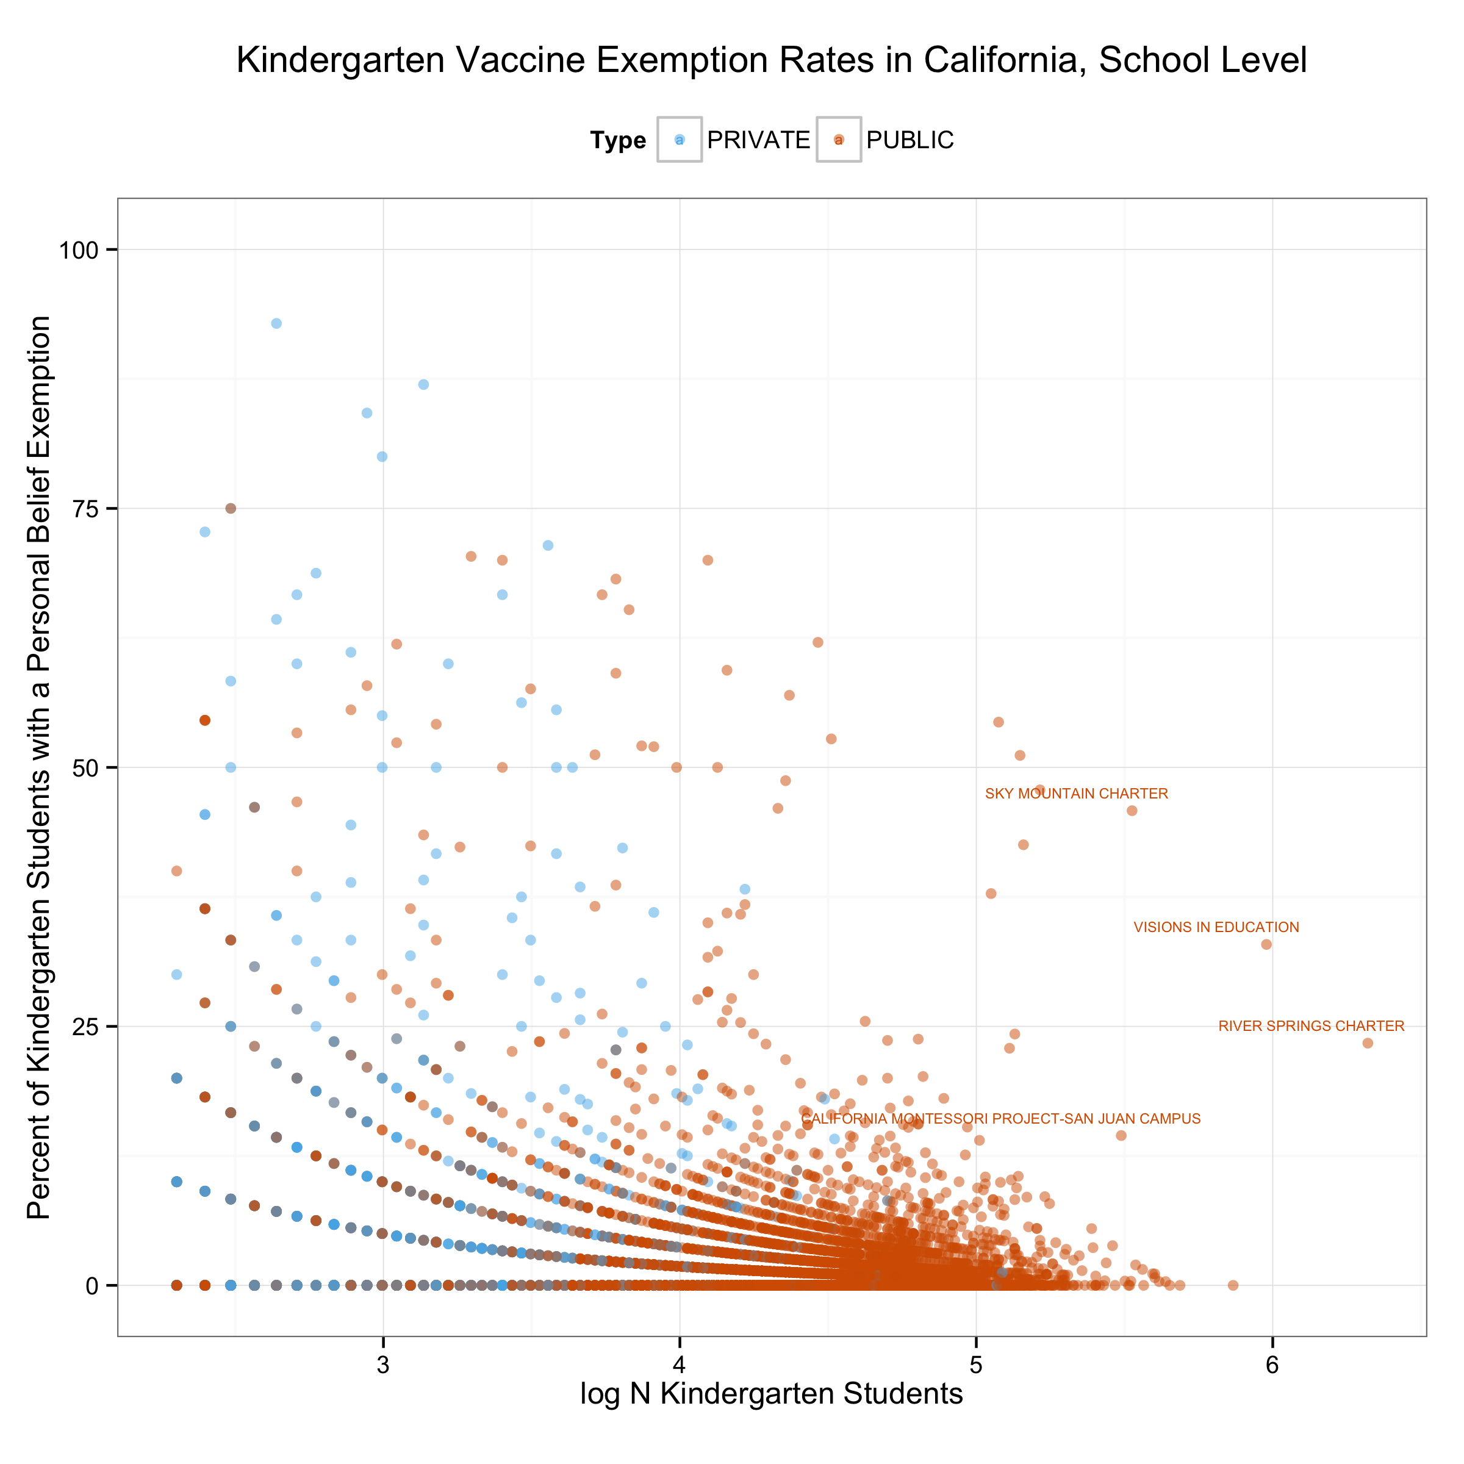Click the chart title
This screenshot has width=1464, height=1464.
pos(772,60)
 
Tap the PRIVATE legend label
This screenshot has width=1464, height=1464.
pos(758,140)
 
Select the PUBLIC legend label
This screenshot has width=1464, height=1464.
pos(910,140)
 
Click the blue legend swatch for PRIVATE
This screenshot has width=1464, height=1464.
pos(679,140)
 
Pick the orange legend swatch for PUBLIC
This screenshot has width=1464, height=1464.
pos(838,140)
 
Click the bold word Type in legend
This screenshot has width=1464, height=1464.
pos(617,141)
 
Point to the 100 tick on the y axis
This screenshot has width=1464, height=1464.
pos(79,250)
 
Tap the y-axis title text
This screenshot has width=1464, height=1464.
pos(40,767)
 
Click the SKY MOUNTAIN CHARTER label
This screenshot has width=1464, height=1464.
pos(1076,794)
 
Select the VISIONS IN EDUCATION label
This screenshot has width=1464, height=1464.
pos(1216,927)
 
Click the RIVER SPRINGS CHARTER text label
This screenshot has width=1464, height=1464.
pos(1311,1026)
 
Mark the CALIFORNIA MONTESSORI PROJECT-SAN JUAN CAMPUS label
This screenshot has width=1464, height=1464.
pos(1000,1119)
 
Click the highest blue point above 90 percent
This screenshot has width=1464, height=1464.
pos(276,323)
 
